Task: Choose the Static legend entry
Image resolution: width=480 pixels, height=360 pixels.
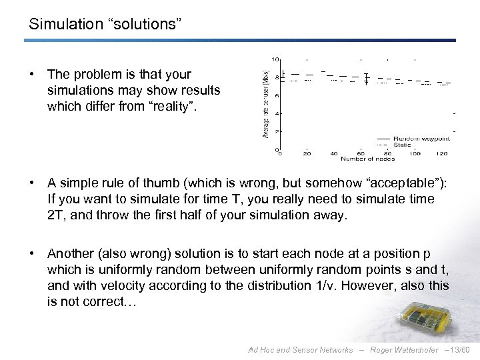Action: pos(402,145)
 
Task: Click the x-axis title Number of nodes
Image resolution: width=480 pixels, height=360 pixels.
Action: pos(367,159)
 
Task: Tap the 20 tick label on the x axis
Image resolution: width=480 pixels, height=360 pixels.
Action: pos(307,153)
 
